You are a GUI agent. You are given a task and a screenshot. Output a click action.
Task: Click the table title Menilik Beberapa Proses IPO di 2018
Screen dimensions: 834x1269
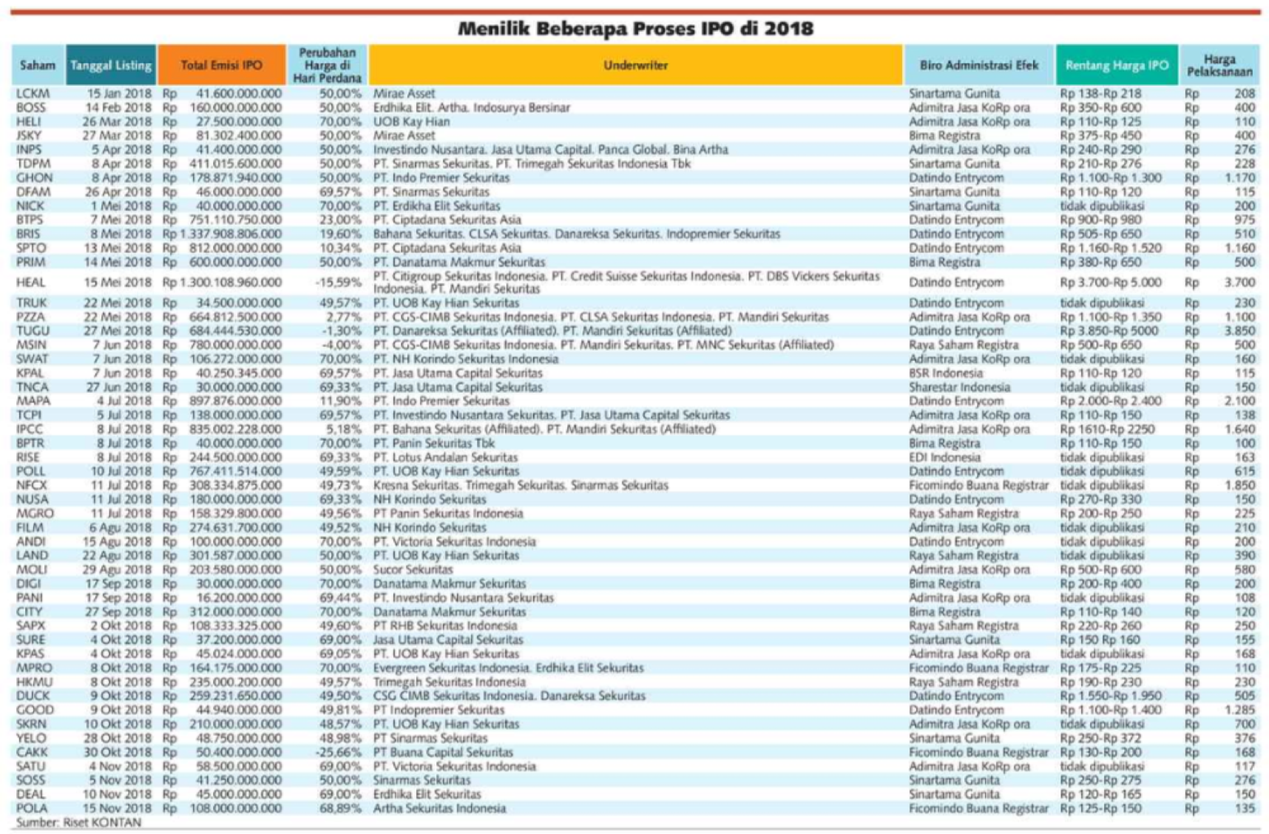[635, 29]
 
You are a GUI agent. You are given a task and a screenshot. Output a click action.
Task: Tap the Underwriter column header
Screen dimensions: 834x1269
[635, 65]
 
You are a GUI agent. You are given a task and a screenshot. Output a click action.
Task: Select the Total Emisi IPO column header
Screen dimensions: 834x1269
[222, 65]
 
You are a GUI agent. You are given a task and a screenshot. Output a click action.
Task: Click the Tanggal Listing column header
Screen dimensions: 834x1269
[111, 65]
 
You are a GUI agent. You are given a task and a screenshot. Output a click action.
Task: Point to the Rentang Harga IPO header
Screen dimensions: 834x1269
[1117, 65]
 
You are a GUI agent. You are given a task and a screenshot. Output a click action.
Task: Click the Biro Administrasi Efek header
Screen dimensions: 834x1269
[979, 65]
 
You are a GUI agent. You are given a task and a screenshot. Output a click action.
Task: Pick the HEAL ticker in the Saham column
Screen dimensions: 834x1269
[31, 282]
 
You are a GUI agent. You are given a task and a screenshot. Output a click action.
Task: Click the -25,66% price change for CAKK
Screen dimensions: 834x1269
[341, 752]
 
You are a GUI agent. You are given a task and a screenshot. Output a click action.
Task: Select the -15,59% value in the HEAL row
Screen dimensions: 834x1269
[341, 282]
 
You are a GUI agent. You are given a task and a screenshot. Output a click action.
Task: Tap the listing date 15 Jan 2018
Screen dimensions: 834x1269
[119, 94]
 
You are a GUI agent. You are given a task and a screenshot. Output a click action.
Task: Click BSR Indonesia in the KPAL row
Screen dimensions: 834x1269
[946, 373]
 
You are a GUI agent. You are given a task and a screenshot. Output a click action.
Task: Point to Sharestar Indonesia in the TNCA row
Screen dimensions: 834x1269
[959, 387]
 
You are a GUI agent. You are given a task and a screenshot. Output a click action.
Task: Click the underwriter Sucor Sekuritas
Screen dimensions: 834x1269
[413, 570]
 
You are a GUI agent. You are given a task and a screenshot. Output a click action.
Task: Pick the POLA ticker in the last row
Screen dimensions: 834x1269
[31, 808]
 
